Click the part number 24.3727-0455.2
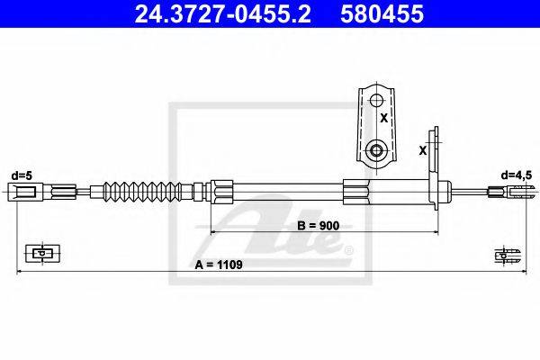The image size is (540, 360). coord(223,14)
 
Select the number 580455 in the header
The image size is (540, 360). coord(382,14)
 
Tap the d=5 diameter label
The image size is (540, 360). coord(22,175)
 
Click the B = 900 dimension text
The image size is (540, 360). coord(319,226)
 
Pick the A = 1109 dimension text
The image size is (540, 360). coord(219,265)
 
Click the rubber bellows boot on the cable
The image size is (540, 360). coord(142,191)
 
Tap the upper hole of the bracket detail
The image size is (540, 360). coord(377,101)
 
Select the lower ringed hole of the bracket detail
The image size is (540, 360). coord(377,150)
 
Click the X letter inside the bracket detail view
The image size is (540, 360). coord(383,118)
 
